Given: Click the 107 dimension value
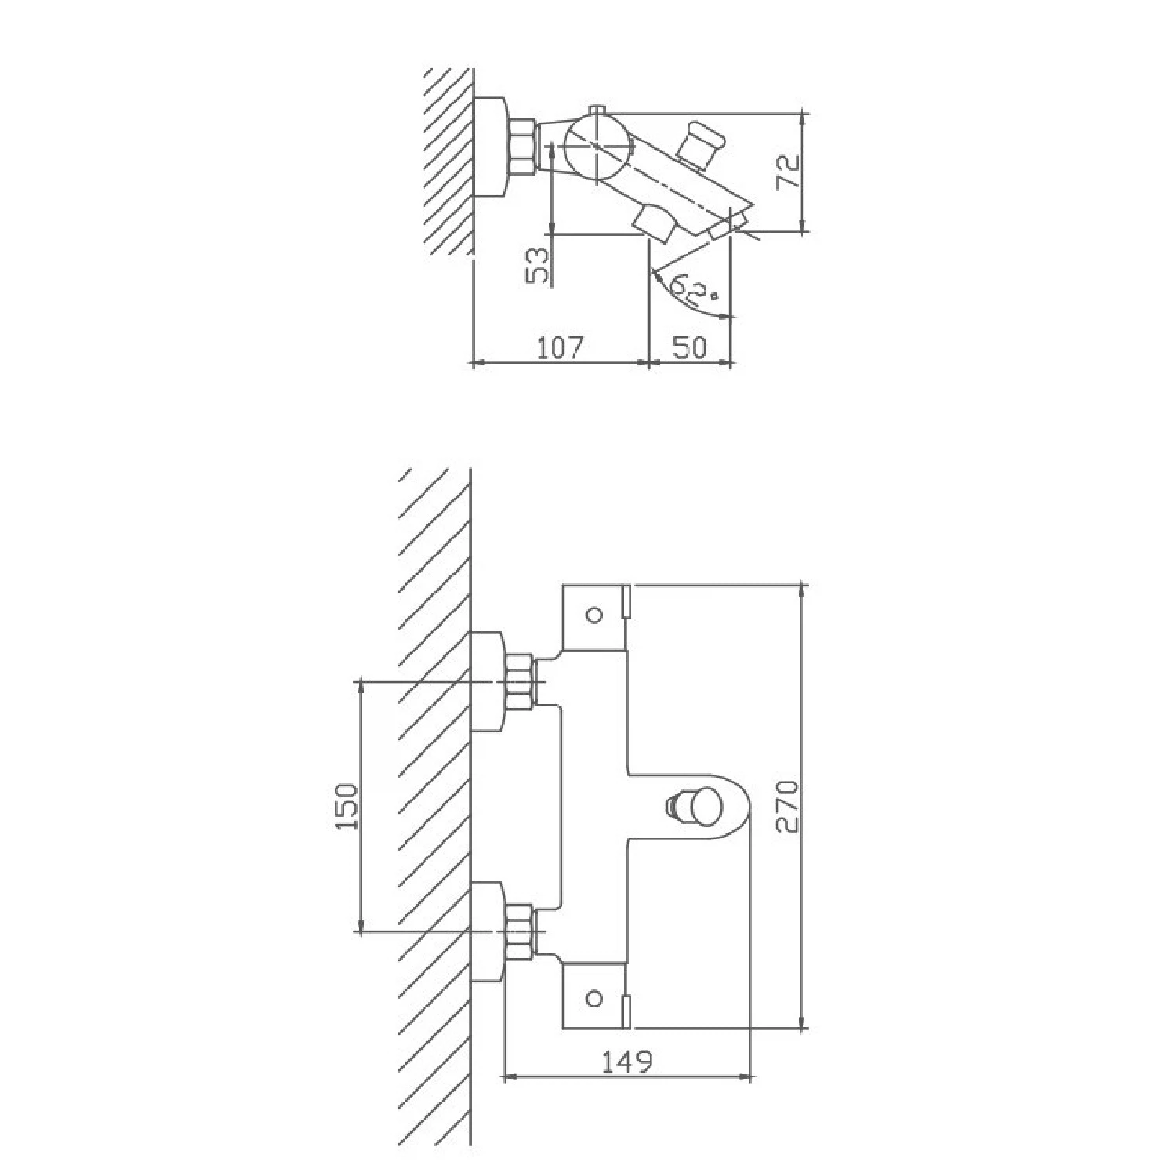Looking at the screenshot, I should click(x=562, y=347).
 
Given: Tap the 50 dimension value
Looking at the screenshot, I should click(x=689, y=347).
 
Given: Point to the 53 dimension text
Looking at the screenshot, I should click(x=539, y=265).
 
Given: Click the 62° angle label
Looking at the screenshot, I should click(x=695, y=291).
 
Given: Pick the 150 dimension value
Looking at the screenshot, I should click(x=347, y=807).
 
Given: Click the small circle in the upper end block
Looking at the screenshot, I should click(x=594, y=615).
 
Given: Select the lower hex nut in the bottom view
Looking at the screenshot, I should click(x=519, y=931).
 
